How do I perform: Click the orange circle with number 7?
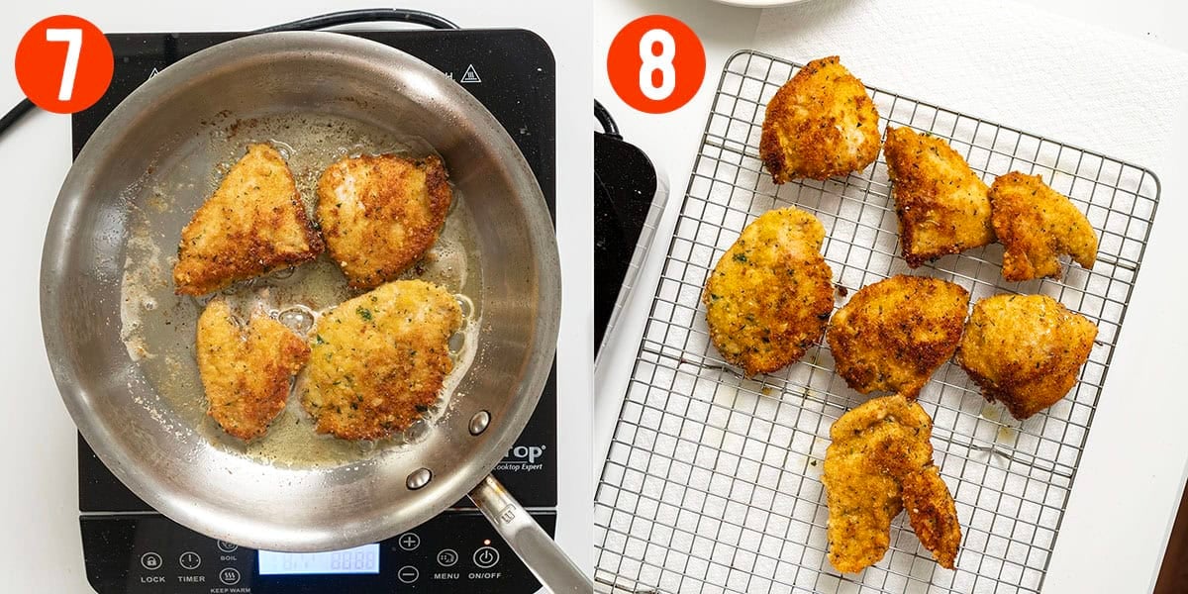pyautogui.click(x=63, y=63)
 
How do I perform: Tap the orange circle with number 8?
pyautogui.click(x=655, y=63)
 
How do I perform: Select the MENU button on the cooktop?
pyautogui.click(x=446, y=558)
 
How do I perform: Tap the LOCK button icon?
pyautogui.click(x=152, y=561)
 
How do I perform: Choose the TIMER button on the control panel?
pyautogui.click(x=191, y=561)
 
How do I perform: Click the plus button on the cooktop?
pyautogui.click(x=408, y=541)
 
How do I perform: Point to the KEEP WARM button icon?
pyautogui.click(x=229, y=576)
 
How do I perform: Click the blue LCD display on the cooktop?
pyautogui.click(x=318, y=559)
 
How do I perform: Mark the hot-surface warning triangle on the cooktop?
pyautogui.click(x=470, y=73)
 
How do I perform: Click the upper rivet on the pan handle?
pyautogui.click(x=479, y=422)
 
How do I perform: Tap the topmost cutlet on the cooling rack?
pyautogui.click(x=820, y=119)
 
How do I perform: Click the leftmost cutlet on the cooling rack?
pyautogui.click(x=767, y=289)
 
